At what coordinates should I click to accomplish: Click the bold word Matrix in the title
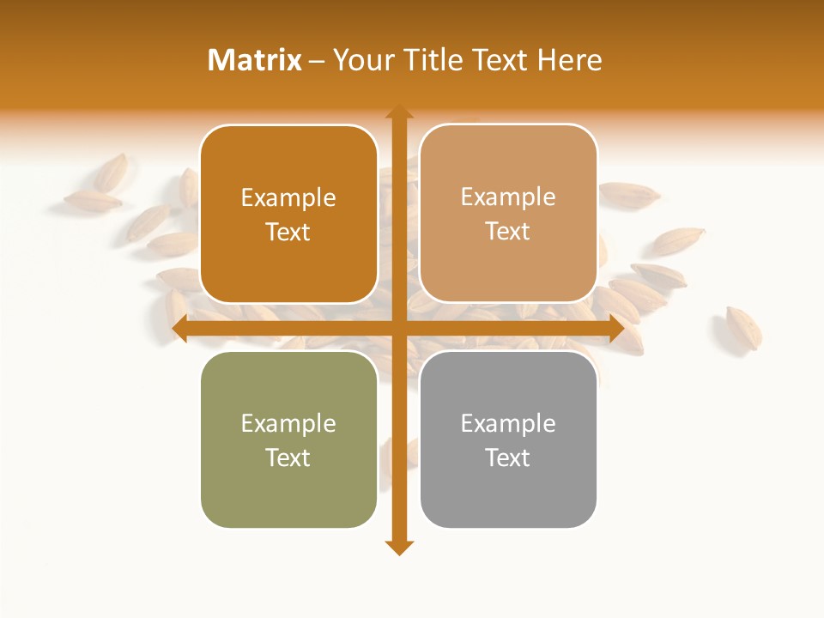255,60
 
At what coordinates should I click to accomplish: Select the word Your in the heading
360,60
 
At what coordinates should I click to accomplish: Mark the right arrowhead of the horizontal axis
615,329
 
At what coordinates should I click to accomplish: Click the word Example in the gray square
508,423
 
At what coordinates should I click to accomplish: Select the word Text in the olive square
288,457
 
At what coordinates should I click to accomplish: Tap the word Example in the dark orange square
288,197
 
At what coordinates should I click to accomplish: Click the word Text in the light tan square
508,232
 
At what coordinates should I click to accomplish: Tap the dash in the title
318,61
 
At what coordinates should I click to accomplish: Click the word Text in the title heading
502,60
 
